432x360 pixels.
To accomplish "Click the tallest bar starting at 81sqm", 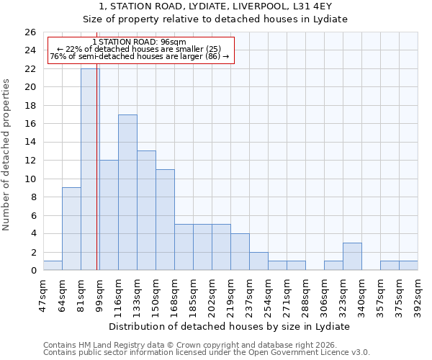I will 90,169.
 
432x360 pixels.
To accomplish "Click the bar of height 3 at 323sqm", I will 352,256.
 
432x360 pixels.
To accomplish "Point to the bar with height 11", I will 165,220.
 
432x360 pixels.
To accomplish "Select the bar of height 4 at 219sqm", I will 240,252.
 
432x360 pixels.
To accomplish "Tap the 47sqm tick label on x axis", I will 44,294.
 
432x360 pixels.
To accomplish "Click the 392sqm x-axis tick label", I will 418,294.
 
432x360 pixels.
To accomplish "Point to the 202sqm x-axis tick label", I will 212,294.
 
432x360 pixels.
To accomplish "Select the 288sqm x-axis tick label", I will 306,294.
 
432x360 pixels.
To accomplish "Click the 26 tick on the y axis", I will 30,32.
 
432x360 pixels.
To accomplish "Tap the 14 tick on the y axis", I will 30,143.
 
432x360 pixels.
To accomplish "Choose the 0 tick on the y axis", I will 33,271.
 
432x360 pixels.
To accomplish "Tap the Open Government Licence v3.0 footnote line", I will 207,352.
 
